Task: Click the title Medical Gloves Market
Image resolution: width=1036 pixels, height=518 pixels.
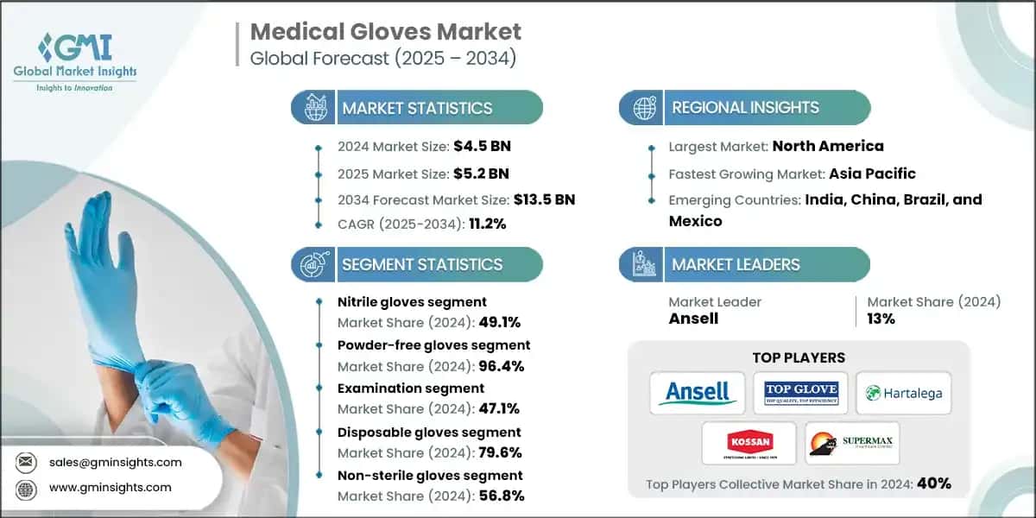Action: tap(385, 33)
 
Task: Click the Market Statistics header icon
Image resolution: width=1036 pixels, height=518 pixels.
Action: tap(315, 108)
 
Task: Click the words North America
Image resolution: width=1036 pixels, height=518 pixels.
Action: tap(827, 146)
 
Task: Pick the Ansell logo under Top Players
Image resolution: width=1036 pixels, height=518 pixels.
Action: tap(698, 394)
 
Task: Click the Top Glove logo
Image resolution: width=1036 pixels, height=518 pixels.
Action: tap(799, 394)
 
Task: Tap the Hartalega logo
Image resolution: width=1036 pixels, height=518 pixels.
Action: tap(903, 394)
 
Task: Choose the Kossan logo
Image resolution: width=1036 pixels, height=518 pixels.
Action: tap(748, 444)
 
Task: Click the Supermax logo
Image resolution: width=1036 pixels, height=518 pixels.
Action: tap(851, 444)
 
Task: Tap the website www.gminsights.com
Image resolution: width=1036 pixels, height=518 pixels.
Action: tap(111, 487)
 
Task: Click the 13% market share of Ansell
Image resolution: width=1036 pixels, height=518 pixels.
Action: tap(881, 319)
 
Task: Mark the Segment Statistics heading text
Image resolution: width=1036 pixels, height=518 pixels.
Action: tap(421, 264)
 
